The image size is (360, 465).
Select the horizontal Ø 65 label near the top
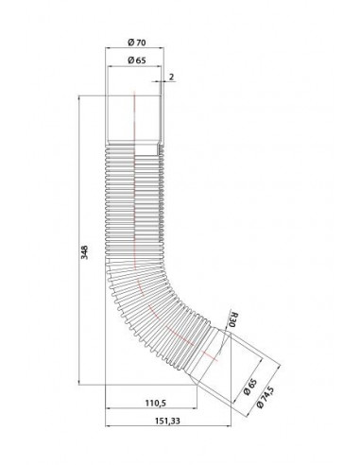pyautogui.click(x=137, y=60)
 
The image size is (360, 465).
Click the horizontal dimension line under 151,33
pyautogui.click(x=180, y=427)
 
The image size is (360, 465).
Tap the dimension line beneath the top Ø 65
pyautogui.click(x=137, y=68)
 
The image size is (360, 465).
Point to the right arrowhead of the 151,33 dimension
pyautogui.click(x=275, y=427)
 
